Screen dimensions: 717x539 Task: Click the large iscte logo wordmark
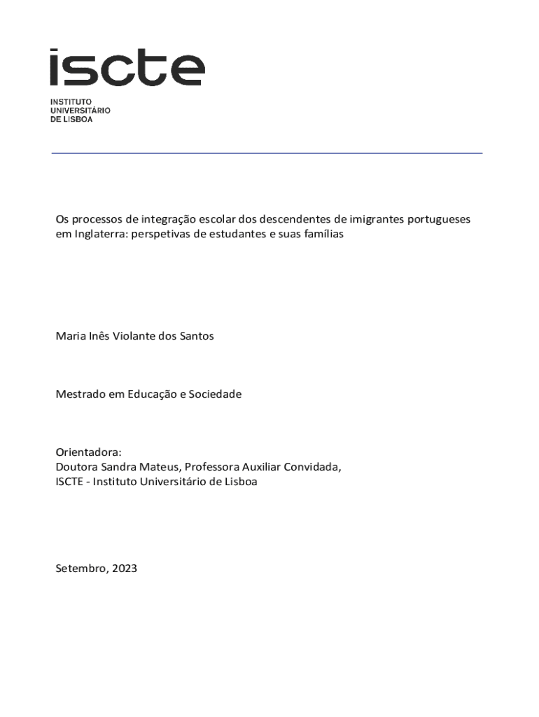[127, 67]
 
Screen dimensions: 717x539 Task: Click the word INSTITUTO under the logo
[71, 102]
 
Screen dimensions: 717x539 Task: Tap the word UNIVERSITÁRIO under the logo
[80, 111]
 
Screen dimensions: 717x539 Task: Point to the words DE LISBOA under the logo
[71, 119]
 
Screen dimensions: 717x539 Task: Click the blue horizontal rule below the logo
[267, 153]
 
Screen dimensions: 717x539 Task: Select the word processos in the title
[96, 220]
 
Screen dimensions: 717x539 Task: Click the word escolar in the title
[216, 220]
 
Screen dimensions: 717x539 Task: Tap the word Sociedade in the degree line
[215, 394]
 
